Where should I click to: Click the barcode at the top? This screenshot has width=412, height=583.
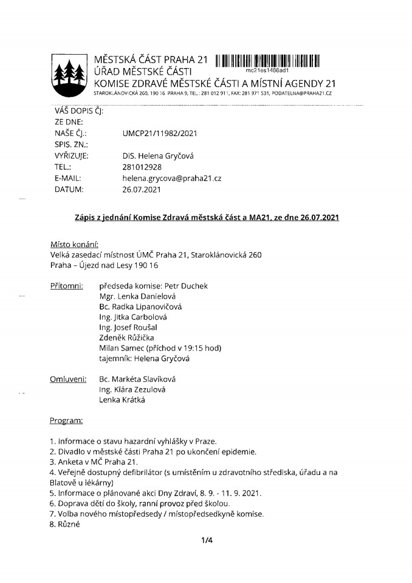(267, 60)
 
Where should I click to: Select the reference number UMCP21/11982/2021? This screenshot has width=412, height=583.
(160, 133)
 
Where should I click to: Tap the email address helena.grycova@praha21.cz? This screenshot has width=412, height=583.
(171, 178)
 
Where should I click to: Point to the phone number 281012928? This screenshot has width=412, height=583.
(142, 167)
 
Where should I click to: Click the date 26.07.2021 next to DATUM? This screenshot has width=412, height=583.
(142, 189)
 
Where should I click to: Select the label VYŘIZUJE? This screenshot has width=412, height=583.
(72, 155)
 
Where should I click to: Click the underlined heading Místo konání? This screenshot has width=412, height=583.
(74, 244)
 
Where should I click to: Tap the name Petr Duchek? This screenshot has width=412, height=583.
(186, 285)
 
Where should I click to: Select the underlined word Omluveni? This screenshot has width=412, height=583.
(68, 379)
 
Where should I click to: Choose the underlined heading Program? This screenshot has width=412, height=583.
(67, 420)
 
